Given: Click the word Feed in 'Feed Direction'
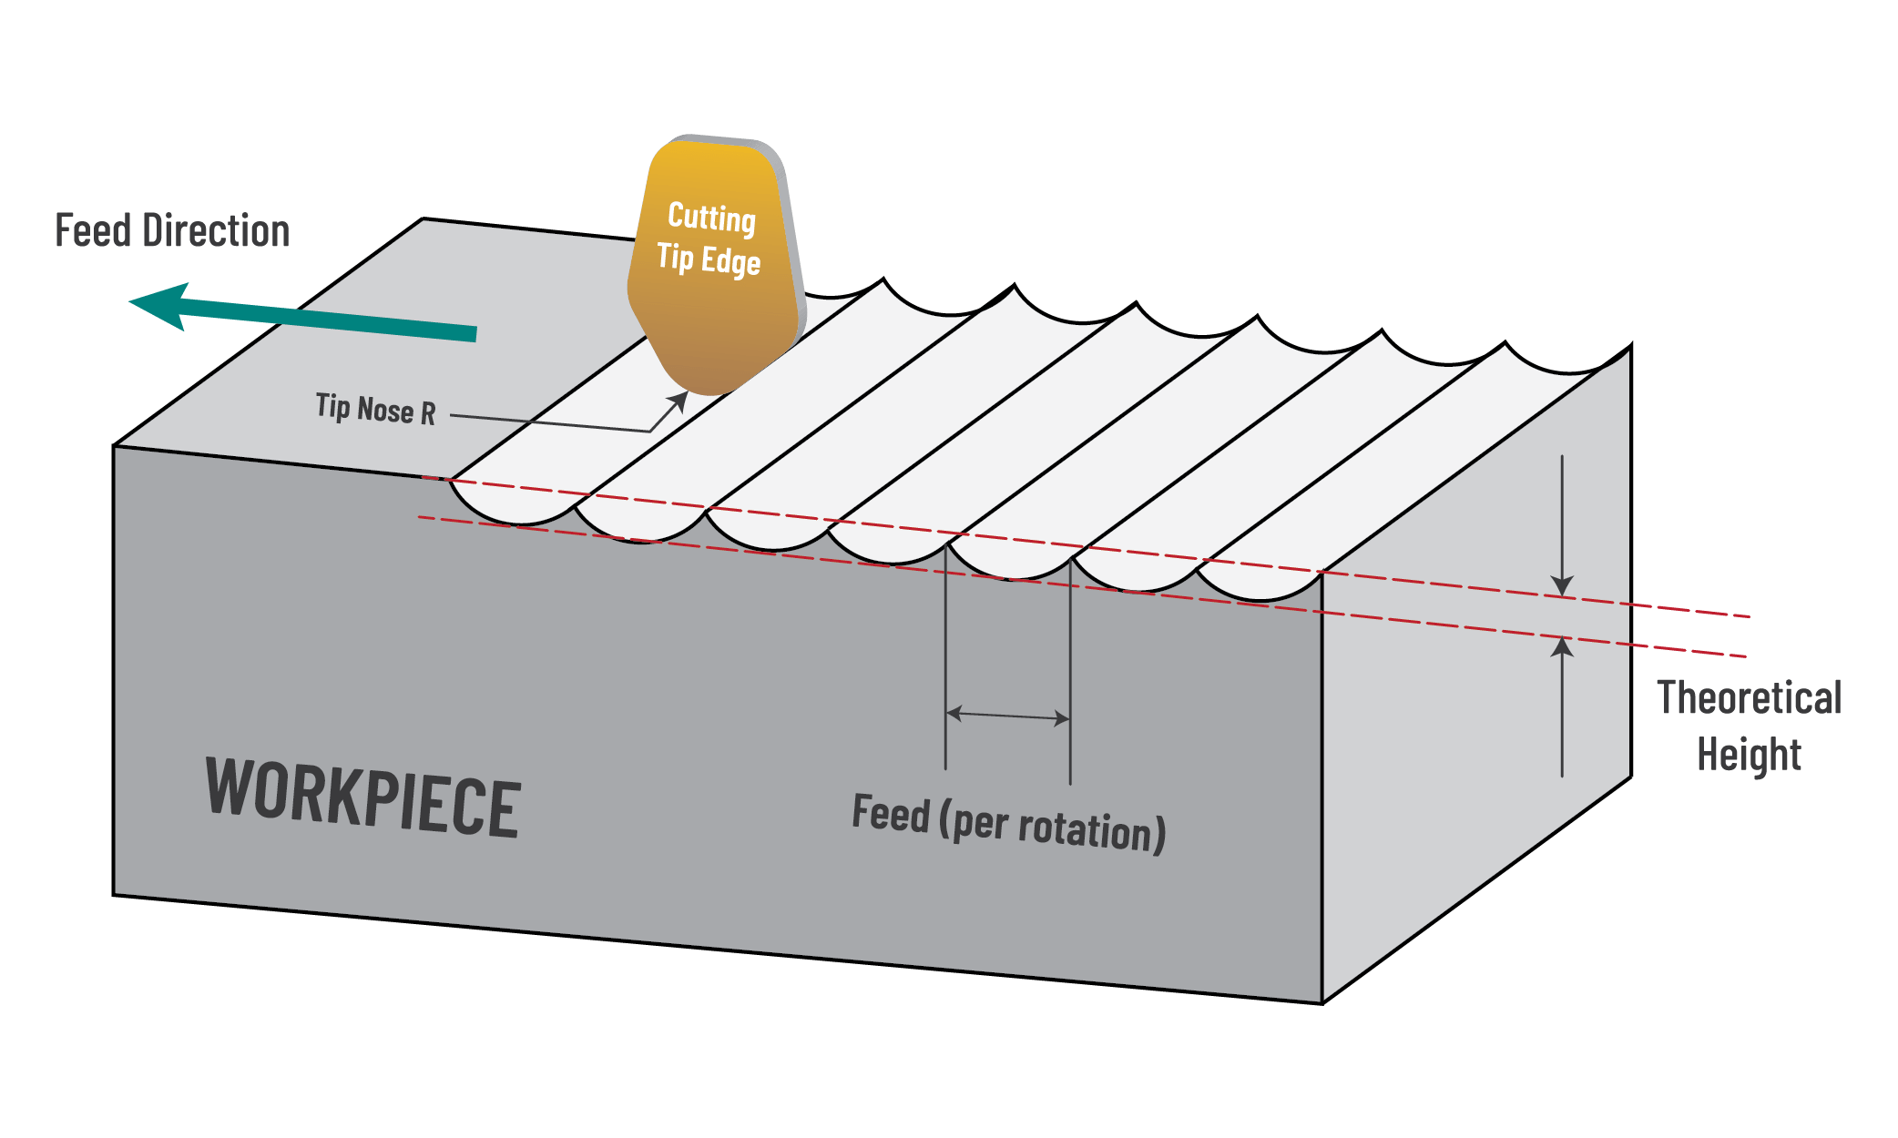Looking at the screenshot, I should (93, 231).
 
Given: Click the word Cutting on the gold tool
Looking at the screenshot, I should (711, 218).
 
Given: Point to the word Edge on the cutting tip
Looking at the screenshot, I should (730, 262).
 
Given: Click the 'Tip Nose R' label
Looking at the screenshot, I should (375, 410).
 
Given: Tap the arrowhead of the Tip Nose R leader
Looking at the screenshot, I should (679, 400).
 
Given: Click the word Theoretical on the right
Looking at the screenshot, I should (1749, 698).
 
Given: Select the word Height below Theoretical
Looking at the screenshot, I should (1749, 755).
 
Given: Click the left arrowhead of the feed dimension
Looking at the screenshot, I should (954, 713).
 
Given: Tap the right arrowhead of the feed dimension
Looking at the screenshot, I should (1062, 718).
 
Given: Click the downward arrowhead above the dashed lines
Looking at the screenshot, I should (1562, 586).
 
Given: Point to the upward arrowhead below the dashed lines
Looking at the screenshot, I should (1562, 647).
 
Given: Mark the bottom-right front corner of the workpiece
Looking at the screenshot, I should (1321, 1003).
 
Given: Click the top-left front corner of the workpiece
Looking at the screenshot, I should (114, 446).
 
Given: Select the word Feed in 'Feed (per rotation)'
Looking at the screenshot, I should (890, 814).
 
